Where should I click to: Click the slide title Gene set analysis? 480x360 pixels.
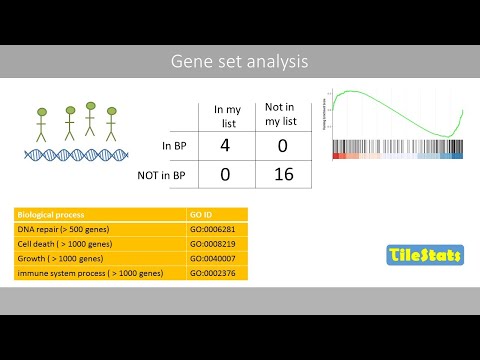[x=240, y=62]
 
